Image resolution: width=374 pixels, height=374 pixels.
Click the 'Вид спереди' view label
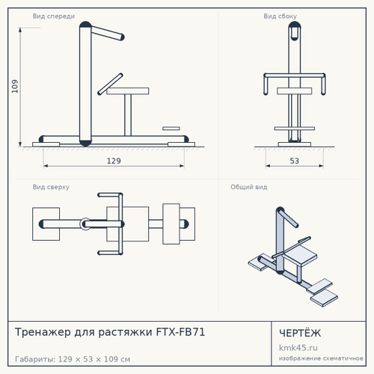(x=54, y=16)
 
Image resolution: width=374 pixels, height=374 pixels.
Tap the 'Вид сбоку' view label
(x=280, y=16)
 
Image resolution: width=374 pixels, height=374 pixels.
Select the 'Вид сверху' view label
(x=51, y=187)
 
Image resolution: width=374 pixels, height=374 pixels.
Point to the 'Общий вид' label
(x=249, y=187)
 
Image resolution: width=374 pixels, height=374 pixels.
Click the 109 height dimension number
(x=15, y=86)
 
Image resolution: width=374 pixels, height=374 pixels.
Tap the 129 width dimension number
(x=114, y=161)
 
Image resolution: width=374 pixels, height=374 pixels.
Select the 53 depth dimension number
(x=295, y=161)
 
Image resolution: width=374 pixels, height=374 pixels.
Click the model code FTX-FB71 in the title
(x=180, y=332)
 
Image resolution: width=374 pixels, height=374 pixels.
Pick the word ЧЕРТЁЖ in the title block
(x=300, y=333)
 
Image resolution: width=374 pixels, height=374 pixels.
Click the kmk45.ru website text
(x=298, y=348)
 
